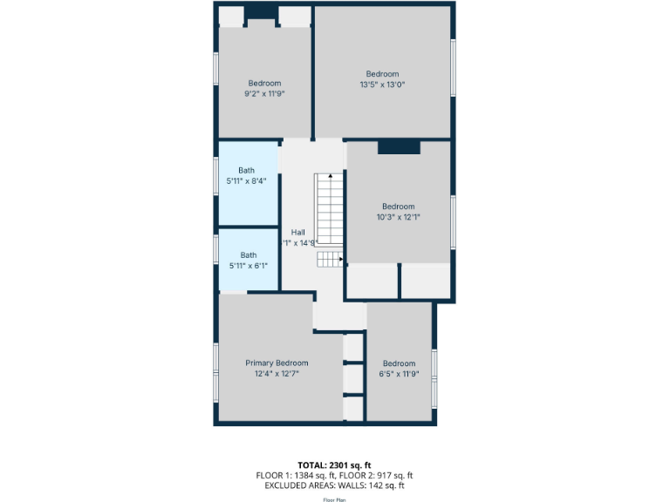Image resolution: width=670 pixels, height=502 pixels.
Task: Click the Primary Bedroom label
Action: coord(277,363)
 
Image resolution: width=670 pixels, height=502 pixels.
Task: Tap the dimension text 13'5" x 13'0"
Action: coord(382,85)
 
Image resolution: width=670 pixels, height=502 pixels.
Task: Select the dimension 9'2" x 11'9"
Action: coord(264,93)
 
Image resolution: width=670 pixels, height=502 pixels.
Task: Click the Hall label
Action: coord(298,233)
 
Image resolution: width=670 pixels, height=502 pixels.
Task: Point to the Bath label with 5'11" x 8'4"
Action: coord(247,170)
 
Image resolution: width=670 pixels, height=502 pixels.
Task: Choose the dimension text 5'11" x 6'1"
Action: coord(249,266)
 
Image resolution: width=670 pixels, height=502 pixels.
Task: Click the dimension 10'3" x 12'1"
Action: coord(399,217)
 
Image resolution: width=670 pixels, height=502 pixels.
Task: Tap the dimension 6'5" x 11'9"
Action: coord(399,374)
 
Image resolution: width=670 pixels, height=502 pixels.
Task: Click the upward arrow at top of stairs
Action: coord(330,177)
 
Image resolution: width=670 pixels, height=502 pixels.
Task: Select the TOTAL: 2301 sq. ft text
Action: coord(335,465)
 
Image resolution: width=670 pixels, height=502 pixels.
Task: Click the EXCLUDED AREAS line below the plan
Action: coord(335,485)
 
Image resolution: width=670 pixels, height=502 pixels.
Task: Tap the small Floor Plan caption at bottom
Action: coord(335,500)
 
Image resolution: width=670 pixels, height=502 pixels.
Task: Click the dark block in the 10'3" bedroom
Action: coord(399,148)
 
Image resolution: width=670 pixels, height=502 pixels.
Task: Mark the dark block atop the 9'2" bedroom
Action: coord(261,13)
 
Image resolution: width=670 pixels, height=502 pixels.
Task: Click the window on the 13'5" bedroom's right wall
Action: coord(453,68)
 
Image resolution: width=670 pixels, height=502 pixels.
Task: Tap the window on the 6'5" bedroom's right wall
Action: coord(434,376)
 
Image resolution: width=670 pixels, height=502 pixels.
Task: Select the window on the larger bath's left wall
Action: coord(216,182)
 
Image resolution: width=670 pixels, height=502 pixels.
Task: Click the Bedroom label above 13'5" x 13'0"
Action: coord(382,74)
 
